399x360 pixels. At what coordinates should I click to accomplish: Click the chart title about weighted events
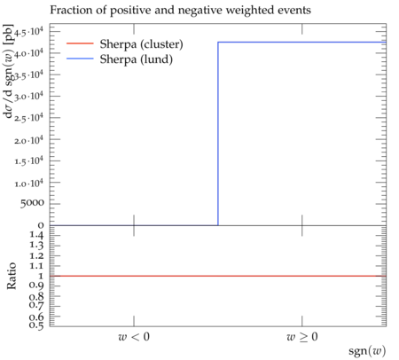180,11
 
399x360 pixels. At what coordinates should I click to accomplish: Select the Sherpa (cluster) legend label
141,44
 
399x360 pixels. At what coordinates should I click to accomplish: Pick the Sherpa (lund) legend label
136,59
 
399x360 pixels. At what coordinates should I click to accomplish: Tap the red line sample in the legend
80,43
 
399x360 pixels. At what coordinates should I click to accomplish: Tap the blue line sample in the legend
80,59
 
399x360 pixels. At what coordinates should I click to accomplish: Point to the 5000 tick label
32,203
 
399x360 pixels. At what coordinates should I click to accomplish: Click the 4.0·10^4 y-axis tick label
28,53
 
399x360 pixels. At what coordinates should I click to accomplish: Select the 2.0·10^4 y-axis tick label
28,139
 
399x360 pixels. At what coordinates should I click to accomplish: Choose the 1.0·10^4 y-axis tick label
28,183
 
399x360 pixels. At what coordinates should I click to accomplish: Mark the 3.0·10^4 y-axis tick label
28,97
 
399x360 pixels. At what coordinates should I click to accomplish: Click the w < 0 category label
134,336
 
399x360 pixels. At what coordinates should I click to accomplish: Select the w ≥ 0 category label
302,336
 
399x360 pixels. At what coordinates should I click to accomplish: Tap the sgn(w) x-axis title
367,351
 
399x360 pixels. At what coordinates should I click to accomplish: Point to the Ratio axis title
12,276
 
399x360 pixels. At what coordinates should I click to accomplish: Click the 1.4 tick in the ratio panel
36,235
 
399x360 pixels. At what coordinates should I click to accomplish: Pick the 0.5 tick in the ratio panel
36,325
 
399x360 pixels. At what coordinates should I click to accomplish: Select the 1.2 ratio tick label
36,255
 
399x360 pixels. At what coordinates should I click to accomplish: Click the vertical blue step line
218,134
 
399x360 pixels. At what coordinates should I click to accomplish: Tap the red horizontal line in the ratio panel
218,276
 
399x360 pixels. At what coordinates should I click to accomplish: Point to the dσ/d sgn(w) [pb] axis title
8,71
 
